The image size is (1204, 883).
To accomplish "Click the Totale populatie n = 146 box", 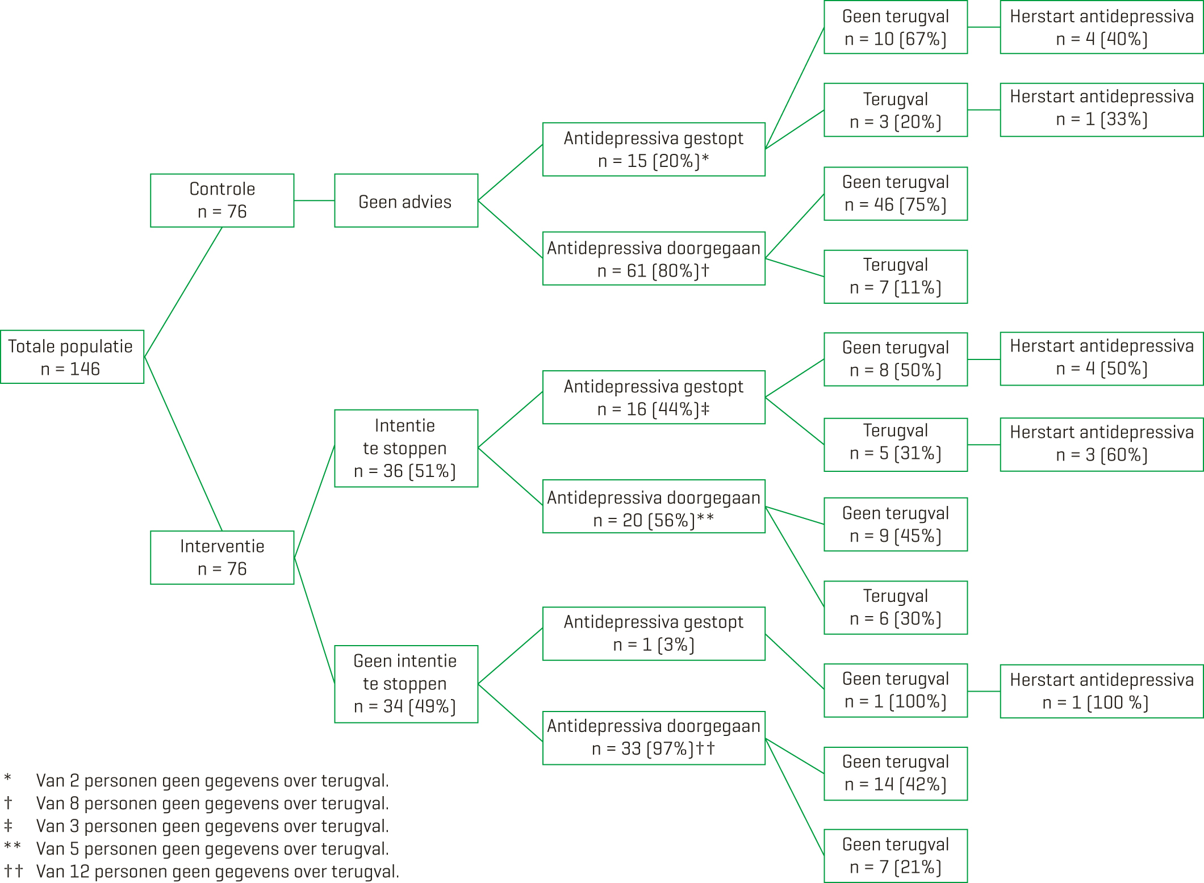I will [72, 357].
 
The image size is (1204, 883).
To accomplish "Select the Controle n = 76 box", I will [222, 200].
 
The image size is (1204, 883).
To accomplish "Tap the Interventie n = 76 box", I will [222, 557].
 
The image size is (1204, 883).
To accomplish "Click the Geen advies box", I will [406, 200].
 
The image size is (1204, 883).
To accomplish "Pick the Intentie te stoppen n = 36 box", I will [406, 448].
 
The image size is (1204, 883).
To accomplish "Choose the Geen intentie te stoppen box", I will [406, 684].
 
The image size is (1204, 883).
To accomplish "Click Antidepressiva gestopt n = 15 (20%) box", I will [654, 149].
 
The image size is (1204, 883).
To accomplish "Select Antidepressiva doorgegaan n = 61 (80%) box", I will [654, 258].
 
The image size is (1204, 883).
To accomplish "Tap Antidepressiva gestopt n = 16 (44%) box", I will [654, 397].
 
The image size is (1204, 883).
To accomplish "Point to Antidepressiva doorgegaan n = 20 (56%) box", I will [654, 507].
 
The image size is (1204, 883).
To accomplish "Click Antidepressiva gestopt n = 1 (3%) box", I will [654, 634].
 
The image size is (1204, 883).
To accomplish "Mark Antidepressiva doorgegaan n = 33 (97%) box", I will [654, 738].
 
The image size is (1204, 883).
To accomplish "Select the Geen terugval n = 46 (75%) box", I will [896, 194].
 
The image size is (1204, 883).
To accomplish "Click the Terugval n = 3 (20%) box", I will [896, 110].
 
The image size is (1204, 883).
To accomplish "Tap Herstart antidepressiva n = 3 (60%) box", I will [1101, 445].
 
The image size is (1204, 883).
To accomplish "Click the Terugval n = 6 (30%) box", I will [896, 608].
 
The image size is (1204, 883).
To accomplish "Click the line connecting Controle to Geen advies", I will [314, 200].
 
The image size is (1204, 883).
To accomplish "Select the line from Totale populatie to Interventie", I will [183, 443].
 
